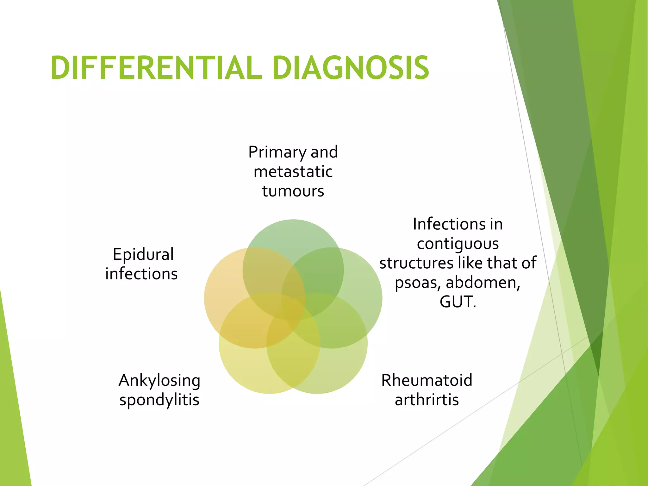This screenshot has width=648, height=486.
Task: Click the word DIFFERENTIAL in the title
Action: pos(156,68)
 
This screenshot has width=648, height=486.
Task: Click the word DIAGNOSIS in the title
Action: pos(350,68)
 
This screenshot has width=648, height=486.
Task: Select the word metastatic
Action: pos(293,172)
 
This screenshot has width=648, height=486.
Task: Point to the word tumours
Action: pos(293,191)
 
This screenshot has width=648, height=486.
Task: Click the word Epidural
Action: pos(143,254)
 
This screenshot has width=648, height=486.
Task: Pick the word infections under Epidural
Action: pos(141,274)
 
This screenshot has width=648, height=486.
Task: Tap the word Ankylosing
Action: pos(159,381)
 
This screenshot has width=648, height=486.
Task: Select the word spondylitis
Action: pos(159,400)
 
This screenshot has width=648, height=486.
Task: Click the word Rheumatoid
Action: pos(427,380)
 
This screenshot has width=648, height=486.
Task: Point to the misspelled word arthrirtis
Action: pos(427,400)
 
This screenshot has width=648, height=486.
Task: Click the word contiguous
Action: pos(458,244)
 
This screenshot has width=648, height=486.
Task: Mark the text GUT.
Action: pos(458,302)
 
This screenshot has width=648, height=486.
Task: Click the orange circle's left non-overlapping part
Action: pos(221,285)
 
